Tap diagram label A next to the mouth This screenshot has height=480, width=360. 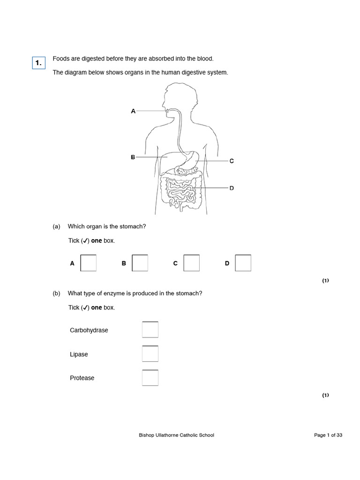(x=133, y=111)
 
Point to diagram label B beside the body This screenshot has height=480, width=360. (x=133, y=157)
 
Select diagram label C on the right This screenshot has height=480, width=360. (x=231, y=161)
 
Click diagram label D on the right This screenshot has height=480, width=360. (x=231, y=188)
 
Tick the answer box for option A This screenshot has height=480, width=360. (x=89, y=263)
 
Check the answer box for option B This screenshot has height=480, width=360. (x=140, y=263)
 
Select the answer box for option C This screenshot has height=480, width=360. (x=192, y=263)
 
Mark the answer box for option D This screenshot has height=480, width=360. (x=243, y=263)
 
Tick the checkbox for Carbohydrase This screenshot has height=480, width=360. (x=150, y=330)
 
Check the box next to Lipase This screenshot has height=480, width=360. (x=150, y=354)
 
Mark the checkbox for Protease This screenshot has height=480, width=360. (x=150, y=378)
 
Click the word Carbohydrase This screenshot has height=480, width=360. (x=89, y=330)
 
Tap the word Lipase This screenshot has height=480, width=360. (x=79, y=354)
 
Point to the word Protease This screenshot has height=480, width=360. (x=82, y=378)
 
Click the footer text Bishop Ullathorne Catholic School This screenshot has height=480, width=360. (x=176, y=435)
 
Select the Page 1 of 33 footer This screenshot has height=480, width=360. (x=328, y=435)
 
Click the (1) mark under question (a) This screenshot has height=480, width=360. (x=325, y=281)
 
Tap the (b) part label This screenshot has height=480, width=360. (x=57, y=293)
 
